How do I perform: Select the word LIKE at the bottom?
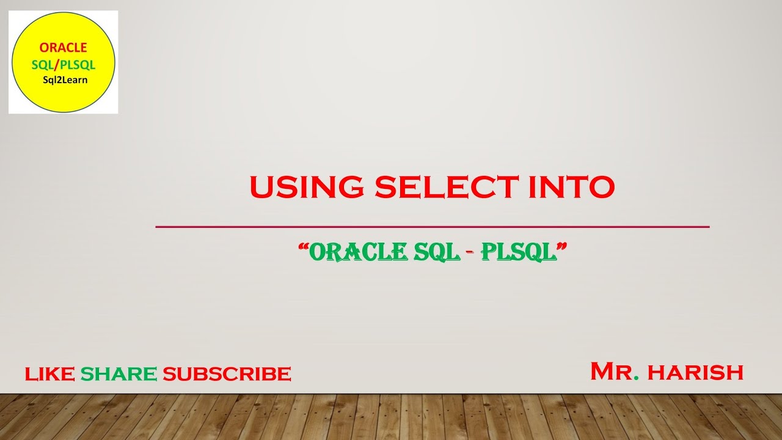tap(50, 373)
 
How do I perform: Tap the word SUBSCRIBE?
tap(227, 373)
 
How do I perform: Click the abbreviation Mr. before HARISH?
tap(615, 371)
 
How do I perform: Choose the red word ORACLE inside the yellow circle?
tap(64, 48)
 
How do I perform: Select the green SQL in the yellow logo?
tap(42, 64)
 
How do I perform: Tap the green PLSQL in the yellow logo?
tap(77, 64)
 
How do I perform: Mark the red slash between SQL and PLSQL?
tap(56, 64)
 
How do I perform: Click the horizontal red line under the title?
tap(433, 227)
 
